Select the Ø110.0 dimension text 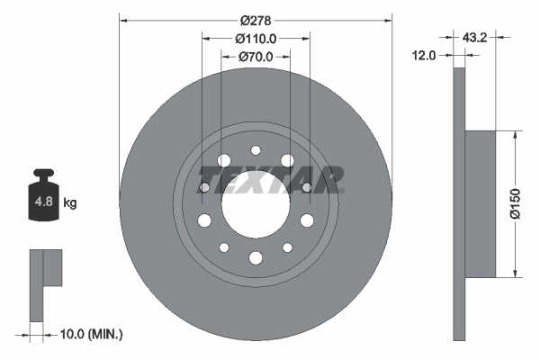(255, 39)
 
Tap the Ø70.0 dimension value (255, 57)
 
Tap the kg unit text (69, 203)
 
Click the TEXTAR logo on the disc (268, 179)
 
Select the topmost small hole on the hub (256, 151)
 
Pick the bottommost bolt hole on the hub (256, 258)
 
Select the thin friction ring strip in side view (458, 204)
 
